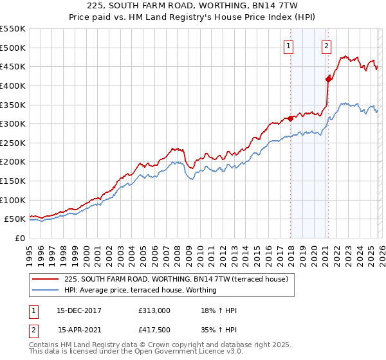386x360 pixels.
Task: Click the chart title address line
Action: coord(193,6)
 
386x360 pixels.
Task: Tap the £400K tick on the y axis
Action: coord(13,85)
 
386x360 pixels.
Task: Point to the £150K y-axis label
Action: coord(13,181)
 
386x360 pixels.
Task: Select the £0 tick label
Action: coord(19,238)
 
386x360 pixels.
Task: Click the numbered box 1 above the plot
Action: coord(288,46)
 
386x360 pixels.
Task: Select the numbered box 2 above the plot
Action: coord(327,46)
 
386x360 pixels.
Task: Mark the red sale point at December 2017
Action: coord(291,118)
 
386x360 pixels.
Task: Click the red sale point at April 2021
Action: coord(328,79)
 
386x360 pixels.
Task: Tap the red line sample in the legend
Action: coord(46,279)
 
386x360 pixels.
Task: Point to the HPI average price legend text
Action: coord(140,290)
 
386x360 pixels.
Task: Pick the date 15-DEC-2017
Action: coord(78,310)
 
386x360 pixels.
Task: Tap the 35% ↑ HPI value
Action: coord(219,330)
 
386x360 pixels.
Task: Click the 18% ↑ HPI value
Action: coord(219,310)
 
